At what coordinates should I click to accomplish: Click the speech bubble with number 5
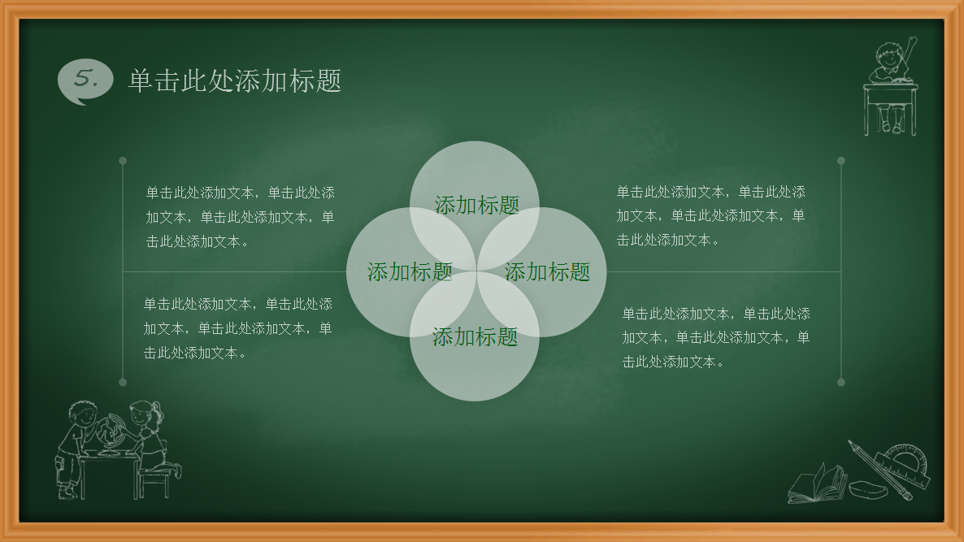coord(85,80)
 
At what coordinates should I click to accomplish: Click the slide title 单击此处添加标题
coord(234,80)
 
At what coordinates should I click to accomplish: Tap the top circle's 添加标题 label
coord(476,205)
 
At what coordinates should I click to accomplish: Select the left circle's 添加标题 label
coord(410,271)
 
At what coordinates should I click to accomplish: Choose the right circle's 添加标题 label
coord(547,271)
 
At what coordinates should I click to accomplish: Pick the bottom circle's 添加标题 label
coord(475,336)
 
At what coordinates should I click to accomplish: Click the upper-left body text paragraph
coord(240,217)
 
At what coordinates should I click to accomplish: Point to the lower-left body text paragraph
coord(238,328)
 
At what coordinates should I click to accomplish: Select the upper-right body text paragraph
coord(710,215)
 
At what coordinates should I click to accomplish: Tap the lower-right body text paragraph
coord(715,337)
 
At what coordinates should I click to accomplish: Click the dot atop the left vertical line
coord(123,161)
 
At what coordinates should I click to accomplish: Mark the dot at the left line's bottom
coord(123,382)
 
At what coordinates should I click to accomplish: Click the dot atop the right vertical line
coord(841,161)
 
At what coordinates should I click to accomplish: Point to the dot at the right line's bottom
coord(841,382)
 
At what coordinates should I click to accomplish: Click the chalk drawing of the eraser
coord(868,489)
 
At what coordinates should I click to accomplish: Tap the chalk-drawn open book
coord(817,484)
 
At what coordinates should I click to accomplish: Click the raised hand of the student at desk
coord(913,42)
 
